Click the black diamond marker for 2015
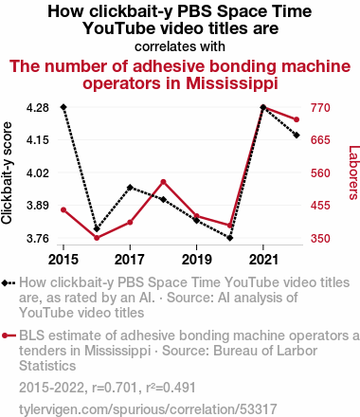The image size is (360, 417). click(63, 107)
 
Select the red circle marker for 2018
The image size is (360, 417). click(163, 182)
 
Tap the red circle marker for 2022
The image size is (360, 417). click(297, 119)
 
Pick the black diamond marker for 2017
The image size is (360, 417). click(130, 188)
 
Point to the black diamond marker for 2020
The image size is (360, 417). click(230, 238)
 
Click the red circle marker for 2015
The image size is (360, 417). click(63, 210)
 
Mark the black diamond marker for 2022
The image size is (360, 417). click(297, 136)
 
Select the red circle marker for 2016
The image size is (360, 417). click(97, 238)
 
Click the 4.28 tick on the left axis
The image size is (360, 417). click(38, 108)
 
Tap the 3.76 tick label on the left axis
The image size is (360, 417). click(38, 238)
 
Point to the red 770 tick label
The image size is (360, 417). click(320, 108)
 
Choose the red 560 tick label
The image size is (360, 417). click(320, 173)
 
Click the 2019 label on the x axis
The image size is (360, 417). click(196, 260)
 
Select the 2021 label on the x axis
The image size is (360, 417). click(263, 260)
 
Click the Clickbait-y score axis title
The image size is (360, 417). click(7, 173)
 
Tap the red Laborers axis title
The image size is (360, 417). click(353, 172)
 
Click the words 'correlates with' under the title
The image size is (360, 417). click(180, 46)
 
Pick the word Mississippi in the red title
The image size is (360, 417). click(232, 83)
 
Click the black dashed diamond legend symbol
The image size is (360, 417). click(9, 282)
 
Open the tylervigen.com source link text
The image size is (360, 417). click(148, 409)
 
